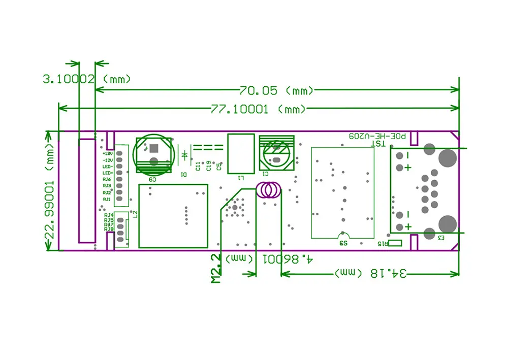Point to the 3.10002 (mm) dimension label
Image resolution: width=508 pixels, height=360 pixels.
tap(86, 79)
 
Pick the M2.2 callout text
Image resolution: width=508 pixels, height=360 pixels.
tap(216, 269)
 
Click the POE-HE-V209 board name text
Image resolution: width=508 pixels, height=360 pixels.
tap(377, 136)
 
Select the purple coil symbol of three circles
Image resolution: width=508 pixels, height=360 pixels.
tap(268, 190)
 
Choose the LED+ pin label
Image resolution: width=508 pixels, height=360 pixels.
tap(107, 173)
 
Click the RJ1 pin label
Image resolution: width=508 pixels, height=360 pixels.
tap(107, 199)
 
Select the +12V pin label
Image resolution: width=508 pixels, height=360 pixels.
tap(107, 153)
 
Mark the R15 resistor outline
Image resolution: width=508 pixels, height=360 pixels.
tap(395, 243)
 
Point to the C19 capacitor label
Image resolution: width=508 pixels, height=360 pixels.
tap(208, 166)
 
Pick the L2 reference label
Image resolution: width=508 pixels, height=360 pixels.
tap(135, 214)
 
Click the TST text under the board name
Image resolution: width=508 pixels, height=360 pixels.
tap(380, 144)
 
